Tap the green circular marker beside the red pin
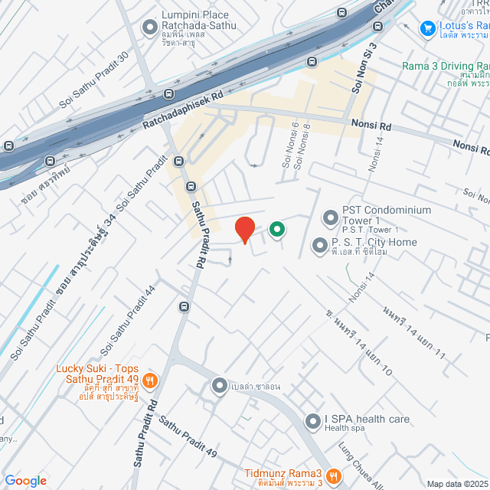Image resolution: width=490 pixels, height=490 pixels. pos(276,229)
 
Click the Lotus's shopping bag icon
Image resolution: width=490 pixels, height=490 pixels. pos(429,28)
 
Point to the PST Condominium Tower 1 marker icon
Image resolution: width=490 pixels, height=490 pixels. pos(330,218)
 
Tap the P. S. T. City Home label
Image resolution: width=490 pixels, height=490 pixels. pos(374,243)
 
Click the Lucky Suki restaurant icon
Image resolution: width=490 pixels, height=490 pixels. pos(151,378)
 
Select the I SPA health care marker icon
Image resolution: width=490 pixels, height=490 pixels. pos(312,421)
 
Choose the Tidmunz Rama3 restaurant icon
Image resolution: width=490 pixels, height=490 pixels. pos(333,476)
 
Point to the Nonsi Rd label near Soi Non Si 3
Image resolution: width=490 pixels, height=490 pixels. pos(371,126)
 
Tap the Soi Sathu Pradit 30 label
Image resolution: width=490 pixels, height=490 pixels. pos(93,82)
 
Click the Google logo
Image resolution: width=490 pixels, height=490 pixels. pos(25,480)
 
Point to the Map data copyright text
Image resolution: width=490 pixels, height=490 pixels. pos(456,484)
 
